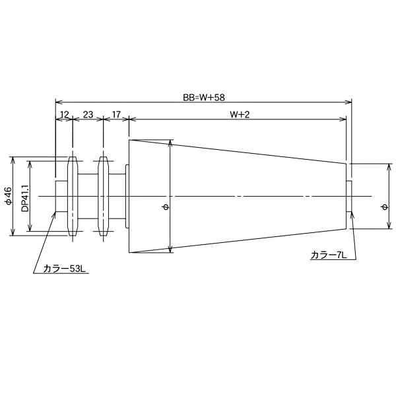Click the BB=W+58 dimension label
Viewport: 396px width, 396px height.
204,96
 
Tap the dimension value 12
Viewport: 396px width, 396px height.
64,114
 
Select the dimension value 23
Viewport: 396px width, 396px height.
88,114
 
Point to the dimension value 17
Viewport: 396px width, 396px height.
116,114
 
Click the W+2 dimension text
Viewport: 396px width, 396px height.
239,114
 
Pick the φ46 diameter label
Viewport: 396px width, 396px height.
9,196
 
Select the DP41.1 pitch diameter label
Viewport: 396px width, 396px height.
24,197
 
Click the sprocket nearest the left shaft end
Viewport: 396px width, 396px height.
73,196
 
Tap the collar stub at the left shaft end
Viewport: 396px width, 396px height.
61,196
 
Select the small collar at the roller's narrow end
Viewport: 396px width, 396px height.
350,196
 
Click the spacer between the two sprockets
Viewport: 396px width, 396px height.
88,196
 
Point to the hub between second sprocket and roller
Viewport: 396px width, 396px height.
117,196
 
